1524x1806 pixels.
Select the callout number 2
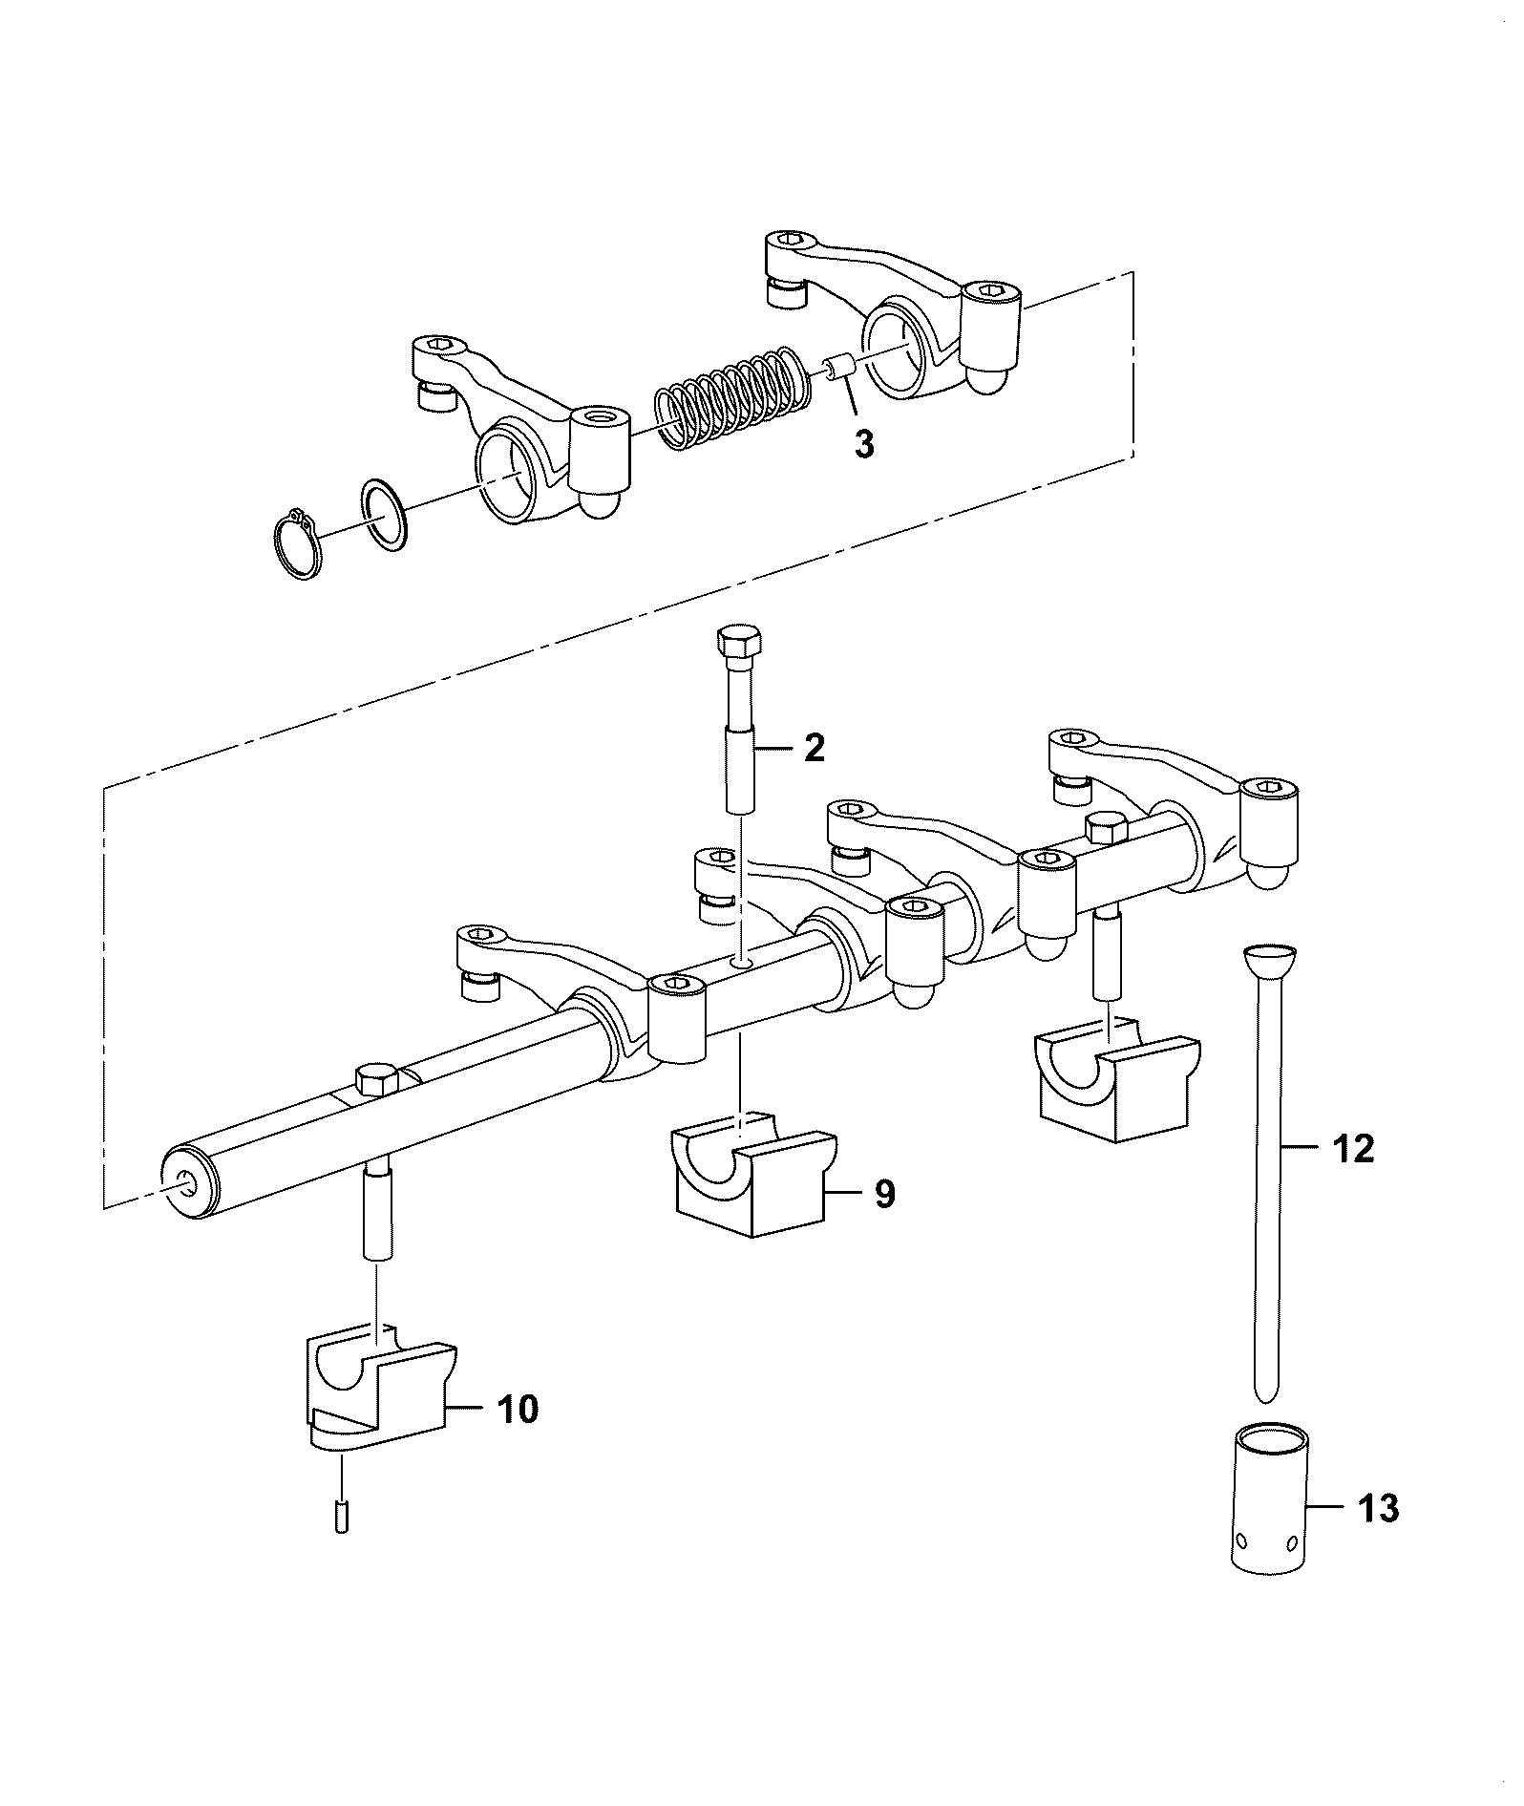[814, 748]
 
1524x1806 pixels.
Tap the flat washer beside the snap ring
[385, 516]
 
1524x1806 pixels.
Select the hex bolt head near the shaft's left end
[376, 1079]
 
